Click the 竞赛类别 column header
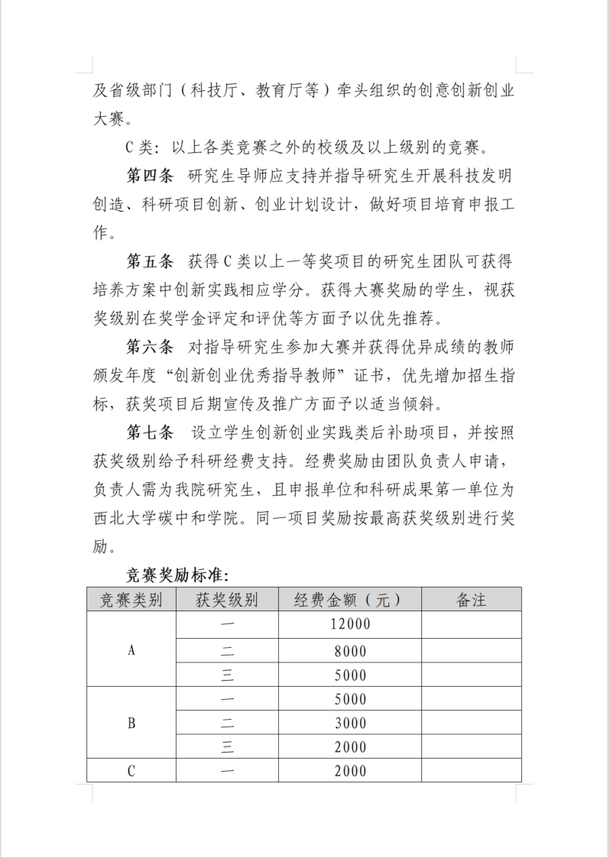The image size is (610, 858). tap(131, 600)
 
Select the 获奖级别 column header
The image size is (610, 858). tap(227, 600)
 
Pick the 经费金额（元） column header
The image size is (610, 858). tap(349, 600)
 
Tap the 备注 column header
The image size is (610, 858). tap(471, 600)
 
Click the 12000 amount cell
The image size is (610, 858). tap(350, 624)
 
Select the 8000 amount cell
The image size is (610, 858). tap(350, 652)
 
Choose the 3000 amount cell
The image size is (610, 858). tap(350, 724)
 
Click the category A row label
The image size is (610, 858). tap(131, 650)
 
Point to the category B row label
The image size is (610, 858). tap(131, 723)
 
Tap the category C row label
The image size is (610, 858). tap(131, 771)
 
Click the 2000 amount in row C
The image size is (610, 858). tap(350, 771)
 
